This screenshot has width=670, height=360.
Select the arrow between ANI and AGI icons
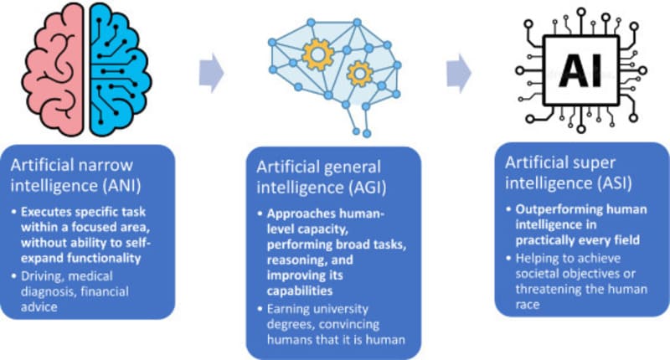coord(212,74)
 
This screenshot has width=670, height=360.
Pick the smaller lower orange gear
coord(360,75)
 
